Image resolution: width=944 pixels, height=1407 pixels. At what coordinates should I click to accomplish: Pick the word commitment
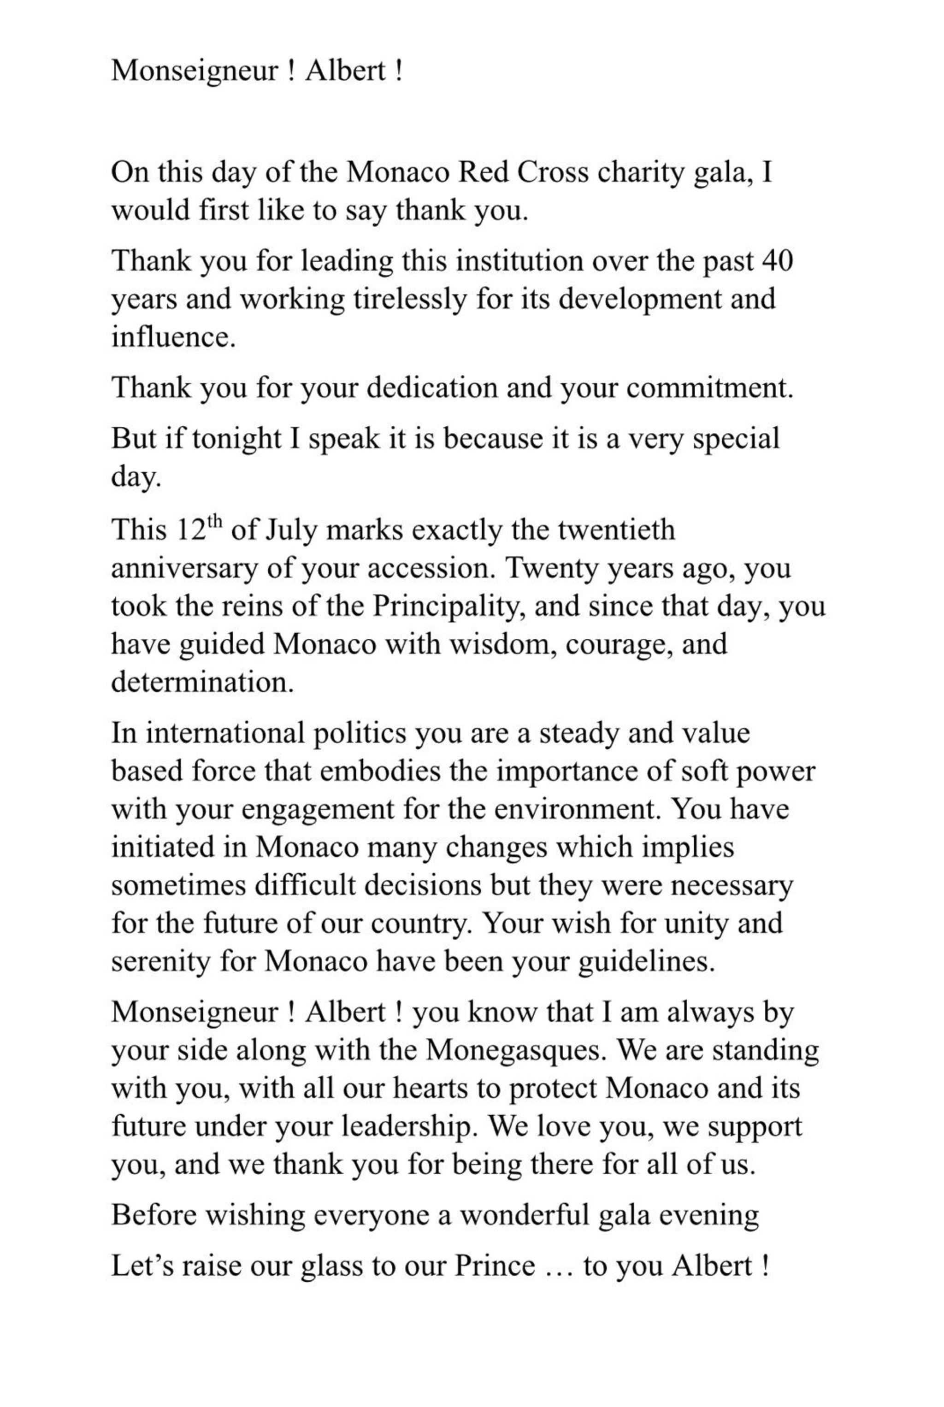(x=708, y=388)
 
